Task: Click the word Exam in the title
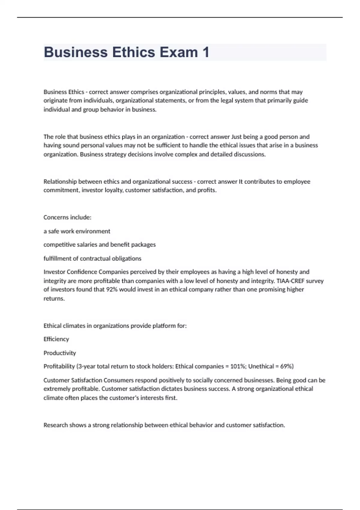(x=178, y=52)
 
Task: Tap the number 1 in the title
(x=206, y=52)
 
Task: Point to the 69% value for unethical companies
(x=286, y=366)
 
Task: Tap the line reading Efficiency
(x=56, y=339)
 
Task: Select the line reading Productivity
(x=60, y=353)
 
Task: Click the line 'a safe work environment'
(x=77, y=231)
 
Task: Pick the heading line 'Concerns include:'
(x=67, y=217)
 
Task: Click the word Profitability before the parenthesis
(x=59, y=366)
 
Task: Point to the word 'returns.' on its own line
(x=54, y=298)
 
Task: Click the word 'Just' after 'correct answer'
(x=236, y=137)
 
